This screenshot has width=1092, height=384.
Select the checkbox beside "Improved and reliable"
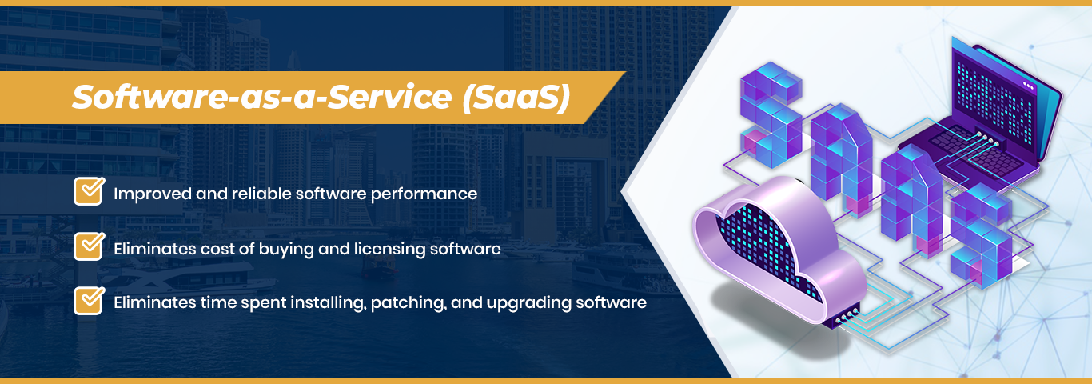pos(89,192)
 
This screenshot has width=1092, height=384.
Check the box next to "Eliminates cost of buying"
pos(89,247)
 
